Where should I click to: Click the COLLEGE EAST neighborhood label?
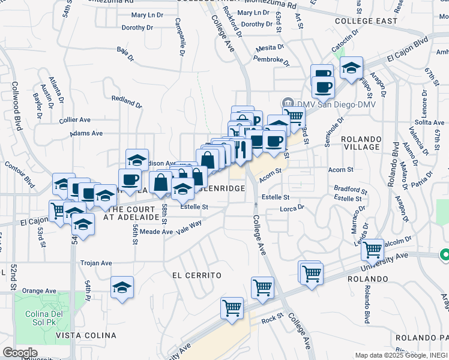(366, 21)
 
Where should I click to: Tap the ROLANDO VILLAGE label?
(361, 143)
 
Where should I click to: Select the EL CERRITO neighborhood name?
(197, 275)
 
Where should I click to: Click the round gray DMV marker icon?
(287, 103)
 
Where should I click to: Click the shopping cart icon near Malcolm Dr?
(373, 248)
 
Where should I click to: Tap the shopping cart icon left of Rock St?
(232, 308)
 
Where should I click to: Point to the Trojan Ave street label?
(97, 263)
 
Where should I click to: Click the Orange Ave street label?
(38, 291)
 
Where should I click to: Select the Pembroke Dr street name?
(271, 60)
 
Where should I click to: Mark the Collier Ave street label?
(75, 120)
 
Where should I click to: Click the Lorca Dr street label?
(293, 208)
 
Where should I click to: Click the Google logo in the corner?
(20, 353)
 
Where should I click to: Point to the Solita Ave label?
(429, 122)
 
